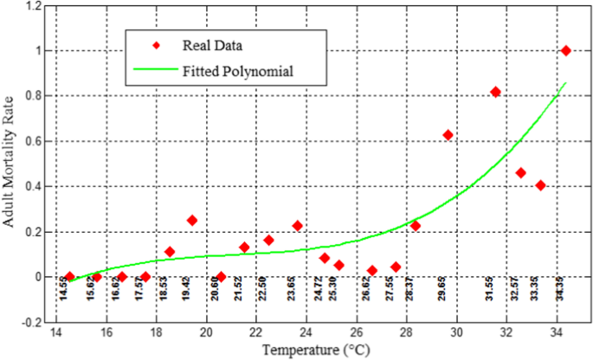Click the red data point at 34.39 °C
[x=566, y=50]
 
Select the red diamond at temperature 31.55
[x=495, y=92]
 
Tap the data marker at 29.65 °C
[x=448, y=135]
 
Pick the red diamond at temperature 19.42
[x=192, y=221]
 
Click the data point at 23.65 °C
[x=298, y=226]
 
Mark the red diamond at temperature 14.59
[x=70, y=277]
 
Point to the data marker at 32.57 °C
[x=520, y=173]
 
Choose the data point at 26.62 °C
[x=372, y=271]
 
